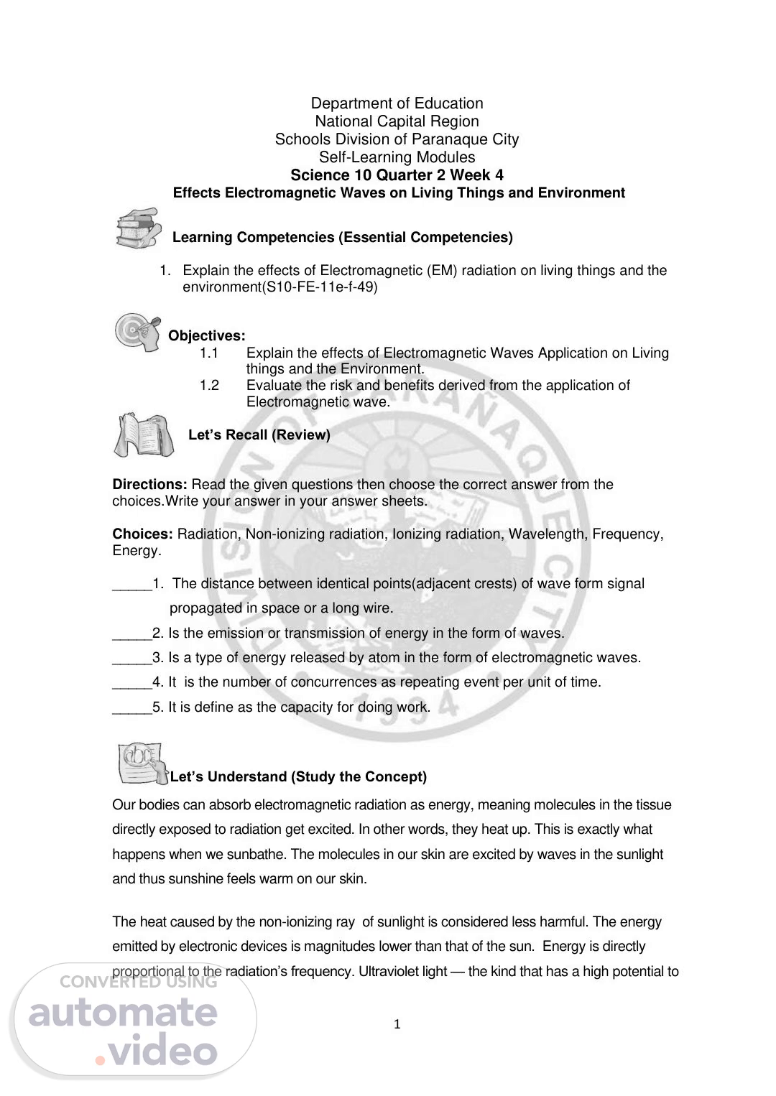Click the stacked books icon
click(137, 228)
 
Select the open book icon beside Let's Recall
click(144, 435)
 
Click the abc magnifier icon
click(141, 763)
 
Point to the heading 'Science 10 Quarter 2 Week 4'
click(397, 175)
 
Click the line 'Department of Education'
click(397, 103)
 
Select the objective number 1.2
click(209, 386)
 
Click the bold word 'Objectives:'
click(207, 336)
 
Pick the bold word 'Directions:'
click(149, 485)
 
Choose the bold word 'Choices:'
click(142, 534)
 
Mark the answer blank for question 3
click(132, 658)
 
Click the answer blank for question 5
click(132, 707)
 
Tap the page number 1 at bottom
click(397, 1025)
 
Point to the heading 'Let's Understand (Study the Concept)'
click(298, 777)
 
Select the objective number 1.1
click(209, 353)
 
